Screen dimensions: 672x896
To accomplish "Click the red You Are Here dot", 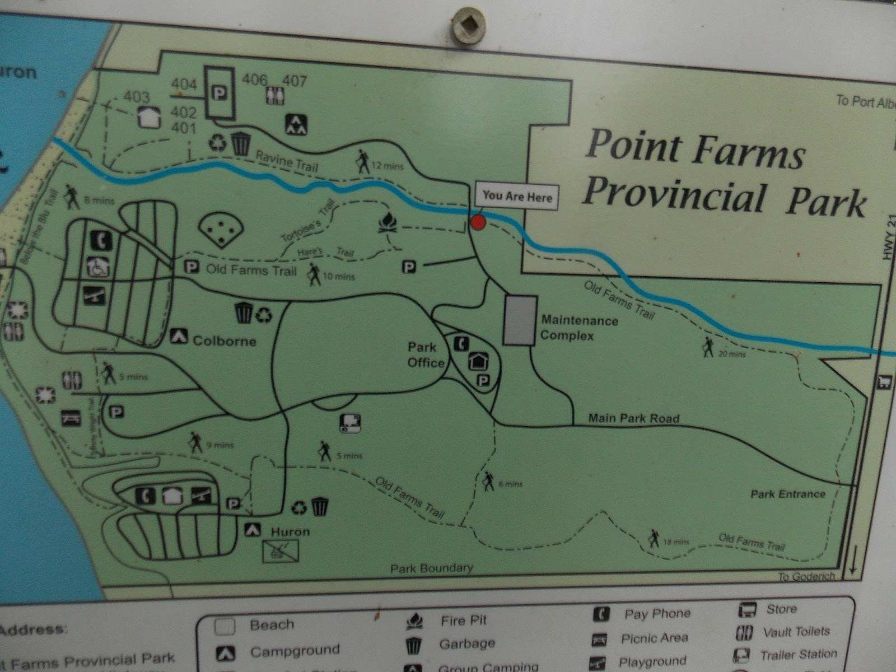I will pos(477,223).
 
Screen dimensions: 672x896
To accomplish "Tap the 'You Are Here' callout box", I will pos(517,196).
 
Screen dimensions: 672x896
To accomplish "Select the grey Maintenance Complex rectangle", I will pos(520,320).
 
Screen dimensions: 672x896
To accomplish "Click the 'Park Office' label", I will pos(426,355).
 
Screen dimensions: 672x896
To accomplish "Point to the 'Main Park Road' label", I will pos(633,418).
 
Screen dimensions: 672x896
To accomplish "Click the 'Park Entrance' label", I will pos(788,494).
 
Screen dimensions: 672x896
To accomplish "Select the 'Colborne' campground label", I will pos(224,341).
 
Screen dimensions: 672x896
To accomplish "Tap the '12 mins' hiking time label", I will pos(388,166).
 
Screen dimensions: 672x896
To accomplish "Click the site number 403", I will pos(137,97).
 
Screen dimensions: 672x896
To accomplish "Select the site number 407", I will pos(295,81).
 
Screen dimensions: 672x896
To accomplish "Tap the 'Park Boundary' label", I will pos(432,568).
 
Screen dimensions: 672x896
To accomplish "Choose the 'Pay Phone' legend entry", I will pos(657,614).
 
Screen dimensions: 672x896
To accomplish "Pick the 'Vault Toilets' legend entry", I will pos(796,632).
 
